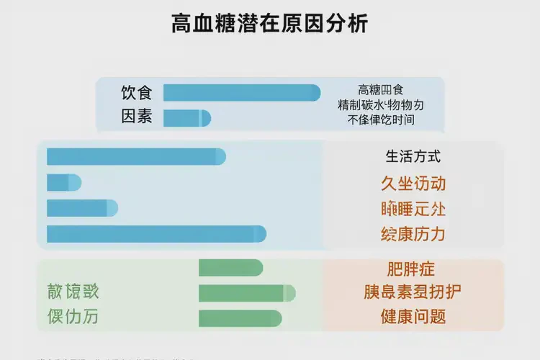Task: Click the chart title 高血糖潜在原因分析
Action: pyautogui.click(x=270, y=24)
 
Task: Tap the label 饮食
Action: pyautogui.click(x=137, y=93)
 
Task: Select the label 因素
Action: pyautogui.click(x=137, y=117)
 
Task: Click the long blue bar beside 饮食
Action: pyautogui.click(x=241, y=93)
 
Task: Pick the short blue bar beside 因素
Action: pyautogui.click(x=186, y=118)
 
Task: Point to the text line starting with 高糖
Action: pyautogui.click(x=381, y=90)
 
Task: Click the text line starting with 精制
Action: pyautogui.click(x=381, y=105)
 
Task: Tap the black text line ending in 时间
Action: pyautogui.click(x=381, y=120)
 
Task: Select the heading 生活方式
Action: pyautogui.click(x=413, y=156)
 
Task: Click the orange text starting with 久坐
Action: pyautogui.click(x=413, y=183)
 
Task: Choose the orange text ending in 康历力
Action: pyautogui.click(x=413, y=234)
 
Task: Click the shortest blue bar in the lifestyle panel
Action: pyautogui.click(x=63, y=183)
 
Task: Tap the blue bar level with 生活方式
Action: pyautogui.click(x=136, y=156)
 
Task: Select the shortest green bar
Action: pyautogui.click(x=230, y=268)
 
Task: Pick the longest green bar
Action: pyautogui.click(x=246, y=293)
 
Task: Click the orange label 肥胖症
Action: pyautogui.click(x=411, y=270)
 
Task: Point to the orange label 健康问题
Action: pyautogui.click(x=413, y=317)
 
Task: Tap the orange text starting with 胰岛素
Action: pyautogui.click(x=413, y=292)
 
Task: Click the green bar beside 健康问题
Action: pyautogui.click(x=240, y=318)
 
